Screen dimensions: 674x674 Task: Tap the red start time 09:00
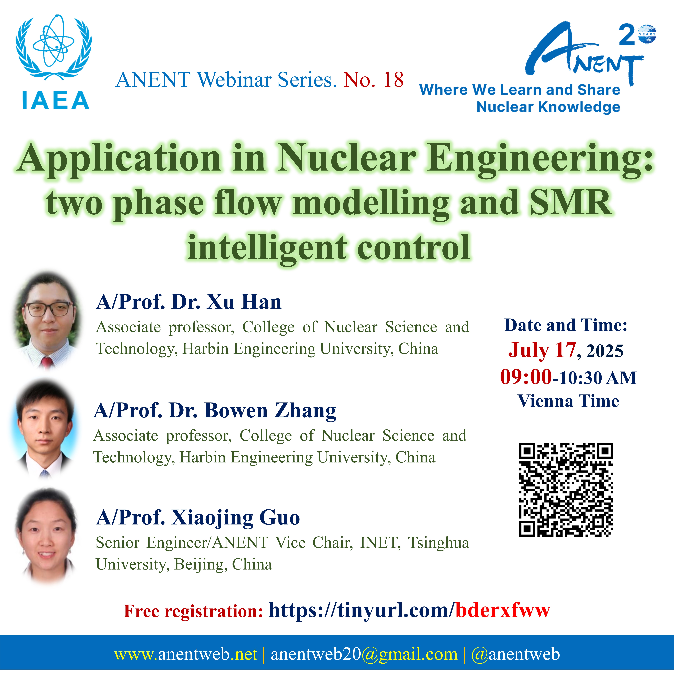click(526, 377)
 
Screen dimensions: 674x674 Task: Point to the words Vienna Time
click(568, 401)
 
